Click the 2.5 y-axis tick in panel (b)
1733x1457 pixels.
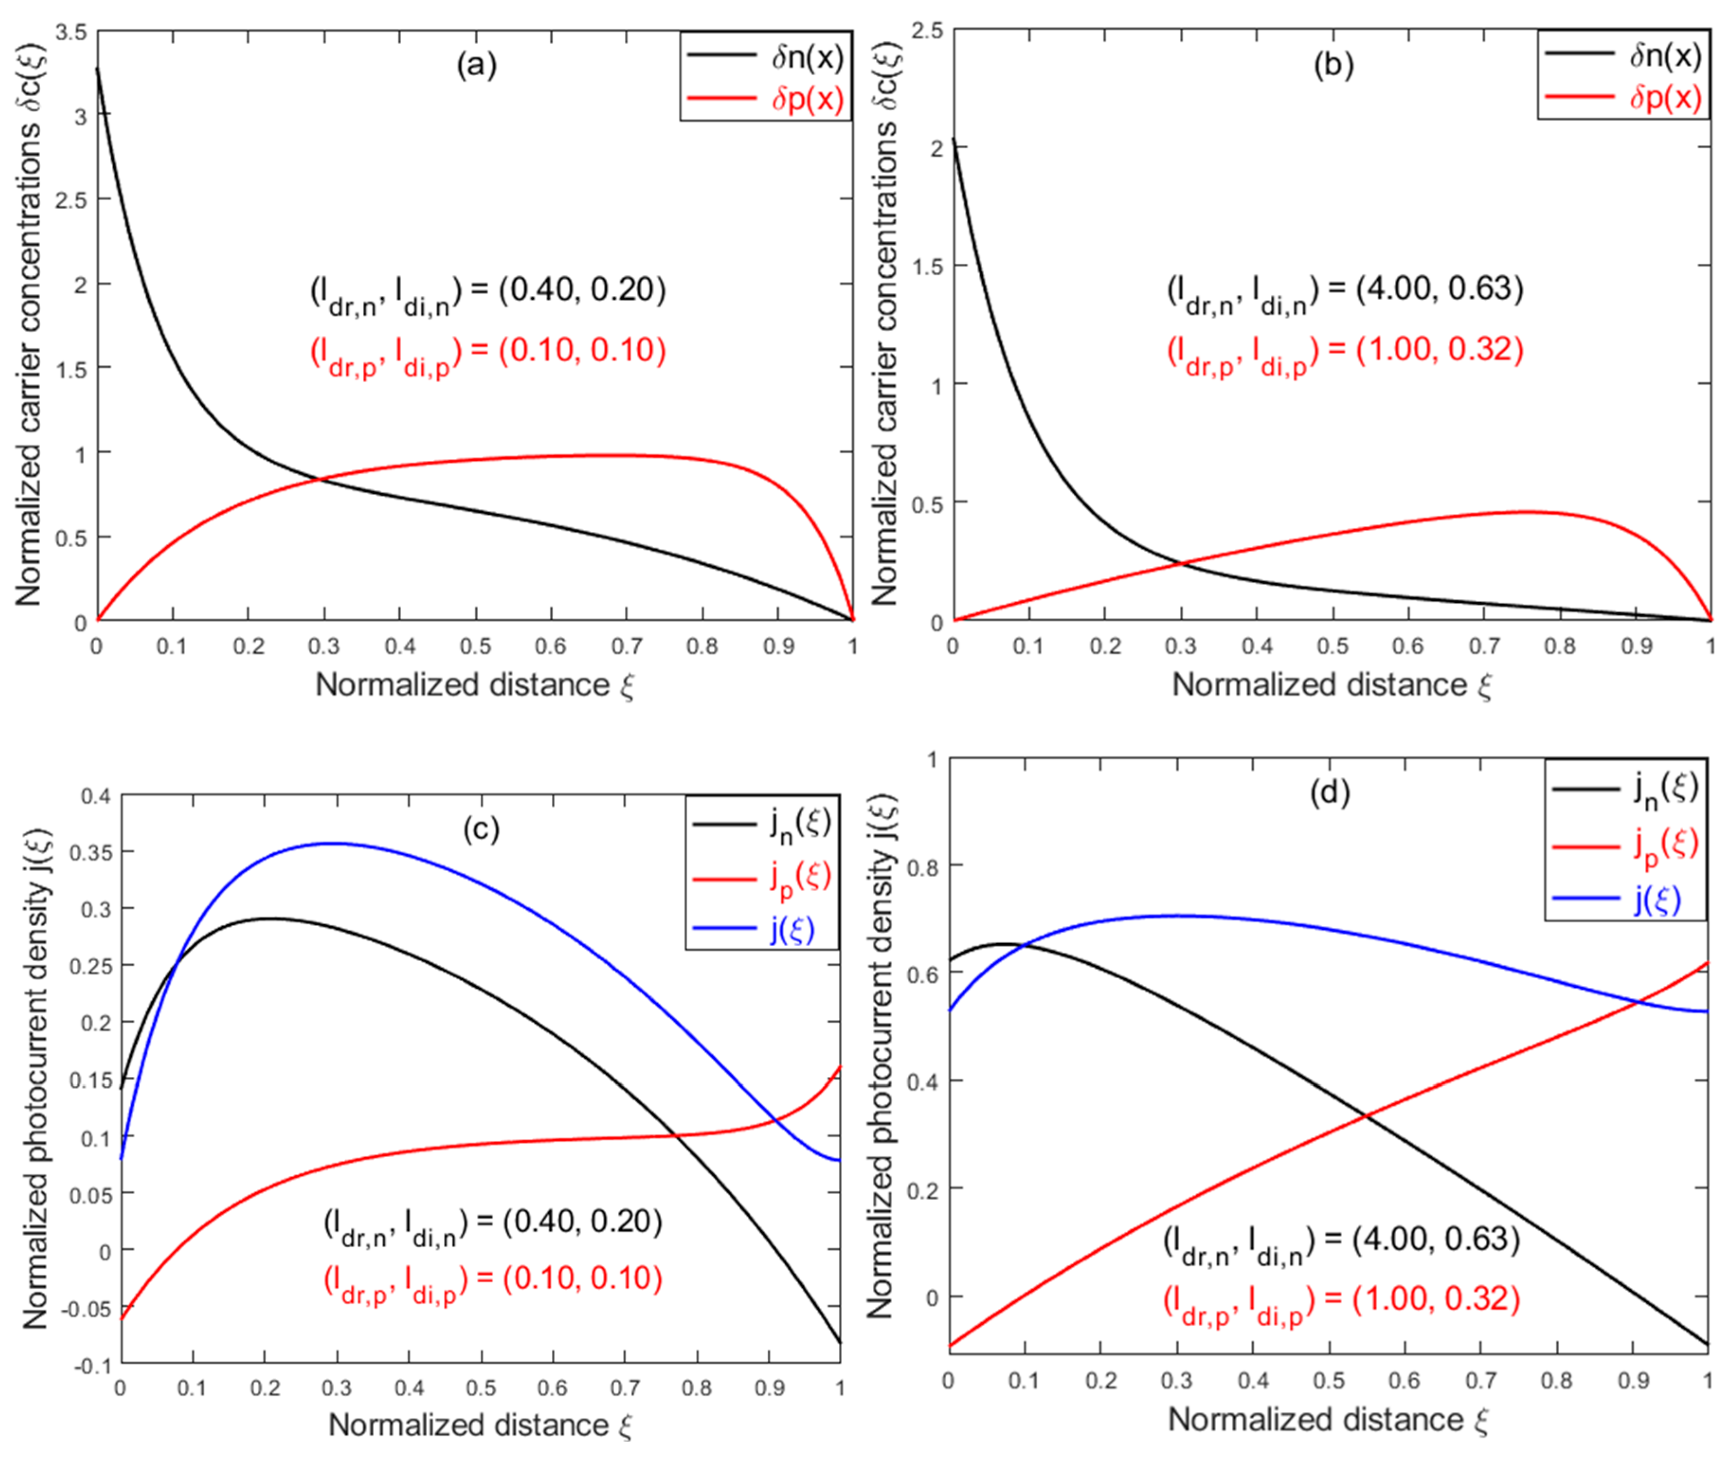[x=927, y=31]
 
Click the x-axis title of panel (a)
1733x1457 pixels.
[x=475, y=685]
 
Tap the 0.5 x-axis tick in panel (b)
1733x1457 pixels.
[x=1332, y=646]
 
